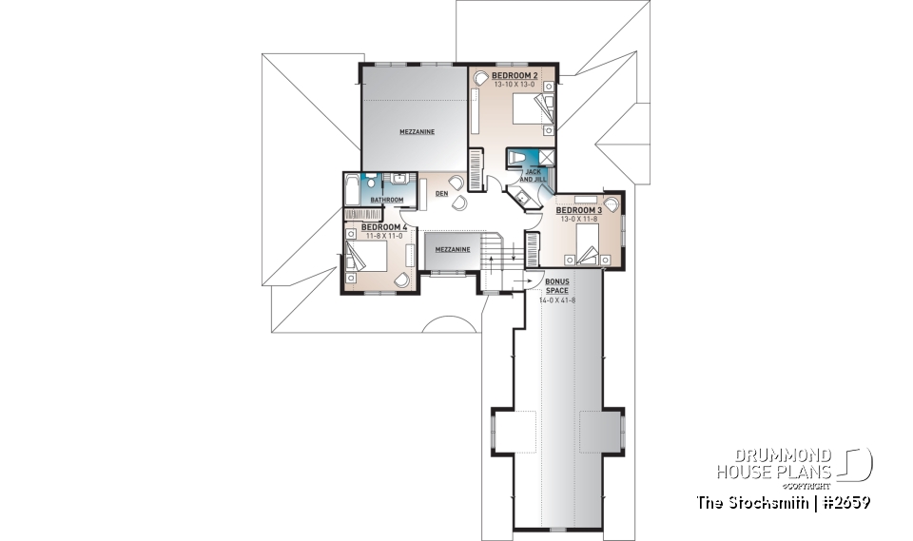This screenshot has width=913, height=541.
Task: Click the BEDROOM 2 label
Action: coord(515,75)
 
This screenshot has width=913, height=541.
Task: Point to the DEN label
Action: coord(441,193)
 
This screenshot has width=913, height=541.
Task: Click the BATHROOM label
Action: coord(387,200)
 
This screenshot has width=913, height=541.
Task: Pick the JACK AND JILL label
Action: coord(532,175)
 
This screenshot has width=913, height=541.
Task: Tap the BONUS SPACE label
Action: coord(557,286)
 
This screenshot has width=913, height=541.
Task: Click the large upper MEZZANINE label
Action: coord(417,132)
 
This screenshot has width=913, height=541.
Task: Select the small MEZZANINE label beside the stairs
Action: coord(452,249)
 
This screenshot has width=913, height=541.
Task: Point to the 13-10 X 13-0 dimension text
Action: coord(515,85)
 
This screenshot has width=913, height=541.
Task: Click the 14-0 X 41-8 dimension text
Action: coord(557,300)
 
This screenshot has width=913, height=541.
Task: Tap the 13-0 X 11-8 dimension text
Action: coord(580,219)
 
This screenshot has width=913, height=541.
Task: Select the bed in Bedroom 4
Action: coord(372,258)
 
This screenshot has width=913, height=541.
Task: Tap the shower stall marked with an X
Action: coord(547,157)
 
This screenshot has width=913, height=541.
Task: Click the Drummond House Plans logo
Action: coord(793,464)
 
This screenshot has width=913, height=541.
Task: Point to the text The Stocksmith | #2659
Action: coord(783,501)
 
